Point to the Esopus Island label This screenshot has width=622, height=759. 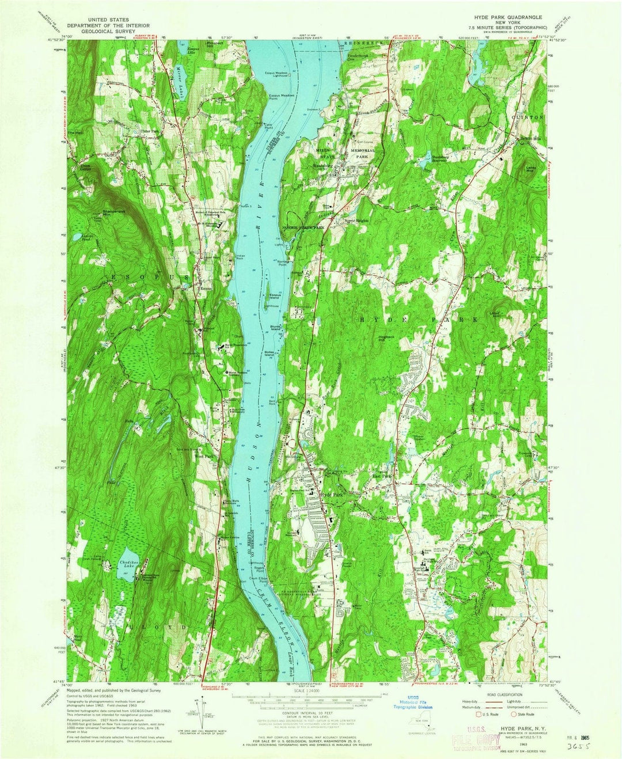[275, 297]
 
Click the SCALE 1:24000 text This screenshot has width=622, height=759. [311, 691]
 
